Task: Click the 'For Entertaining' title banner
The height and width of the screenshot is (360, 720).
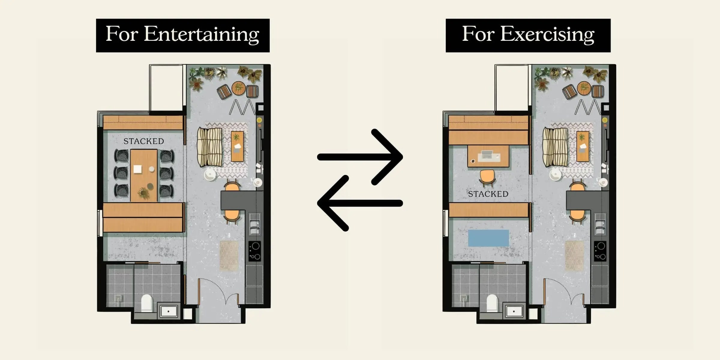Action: point(183,35)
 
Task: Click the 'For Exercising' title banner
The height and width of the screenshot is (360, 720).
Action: point(528,35)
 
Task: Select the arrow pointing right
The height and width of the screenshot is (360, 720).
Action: point(360,157)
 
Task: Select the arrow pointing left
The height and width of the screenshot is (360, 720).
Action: point(360,203)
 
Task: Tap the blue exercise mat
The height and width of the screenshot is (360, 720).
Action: point(488,238)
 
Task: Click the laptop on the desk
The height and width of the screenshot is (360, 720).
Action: point(489,156)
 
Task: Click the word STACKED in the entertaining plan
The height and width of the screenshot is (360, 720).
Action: point(144,141)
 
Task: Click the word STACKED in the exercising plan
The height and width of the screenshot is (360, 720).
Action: point(488,194)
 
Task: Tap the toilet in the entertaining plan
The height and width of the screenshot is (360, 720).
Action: point(147,303)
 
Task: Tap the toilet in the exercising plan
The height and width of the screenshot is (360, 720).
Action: point(492,303)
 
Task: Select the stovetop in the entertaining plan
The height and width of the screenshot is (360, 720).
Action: point(255,251)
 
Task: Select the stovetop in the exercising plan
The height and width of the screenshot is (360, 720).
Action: point(600,251)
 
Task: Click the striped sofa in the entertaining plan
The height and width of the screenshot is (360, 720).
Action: point(210,147)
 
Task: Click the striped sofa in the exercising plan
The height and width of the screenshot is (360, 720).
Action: point(555,147)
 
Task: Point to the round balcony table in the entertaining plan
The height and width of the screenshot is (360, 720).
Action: point(238,88)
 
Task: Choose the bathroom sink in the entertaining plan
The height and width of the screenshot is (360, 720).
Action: point(168,311)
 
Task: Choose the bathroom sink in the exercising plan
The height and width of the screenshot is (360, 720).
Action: point(514,311)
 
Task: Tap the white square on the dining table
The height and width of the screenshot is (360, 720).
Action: point(138,169)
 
